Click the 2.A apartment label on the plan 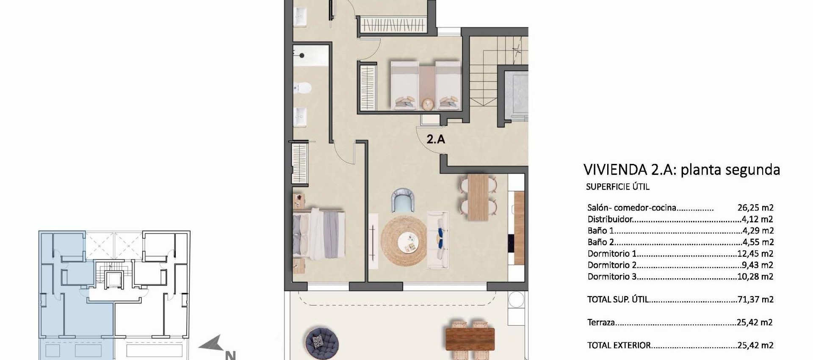click(x=435, y=139)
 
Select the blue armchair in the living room click(x=403, y=200)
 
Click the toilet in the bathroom click(x=303, y=88)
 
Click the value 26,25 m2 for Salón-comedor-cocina click(x=755, y=208)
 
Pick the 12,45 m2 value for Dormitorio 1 click(x=755, y=254)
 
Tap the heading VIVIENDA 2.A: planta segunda click(x=681, y=169)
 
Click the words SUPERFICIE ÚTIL click(x=617, y=187)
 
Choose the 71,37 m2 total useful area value click(x=755, y=299)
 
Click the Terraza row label click(x=601, y=322)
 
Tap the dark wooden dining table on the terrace click(x=470, y=339)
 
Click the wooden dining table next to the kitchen click(x=478, y=197)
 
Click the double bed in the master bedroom click(x=318, y=233)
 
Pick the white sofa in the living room click(x=438, y=240)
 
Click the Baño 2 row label click(x=600, y=242)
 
